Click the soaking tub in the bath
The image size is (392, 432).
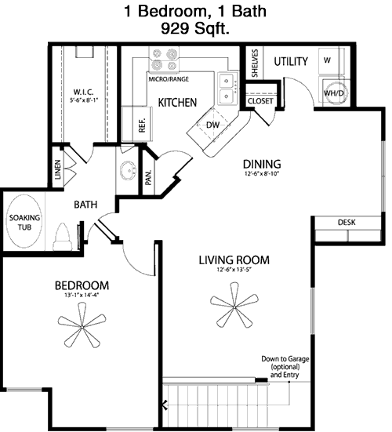click(24, 222)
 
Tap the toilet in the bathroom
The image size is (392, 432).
click(63, 237)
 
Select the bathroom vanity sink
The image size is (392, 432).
click(128, 169)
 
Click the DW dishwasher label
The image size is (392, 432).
click(212, 125)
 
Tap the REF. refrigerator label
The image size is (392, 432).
click(142, 125)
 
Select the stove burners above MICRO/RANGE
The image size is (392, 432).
click(164, 60)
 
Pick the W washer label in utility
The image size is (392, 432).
click(327, 60)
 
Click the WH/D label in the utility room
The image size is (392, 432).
click(334, 93)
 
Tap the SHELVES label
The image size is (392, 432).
click(255, 63)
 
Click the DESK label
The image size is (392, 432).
click(347, 222)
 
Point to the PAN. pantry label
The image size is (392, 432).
click(148, 178)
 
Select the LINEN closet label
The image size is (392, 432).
click(57, 169)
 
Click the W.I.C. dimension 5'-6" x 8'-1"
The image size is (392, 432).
click(84, 100)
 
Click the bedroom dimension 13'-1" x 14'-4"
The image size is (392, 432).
click(82, 295)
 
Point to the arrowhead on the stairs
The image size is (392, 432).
click(165, 405)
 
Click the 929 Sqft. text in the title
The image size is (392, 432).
click(195, 28)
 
